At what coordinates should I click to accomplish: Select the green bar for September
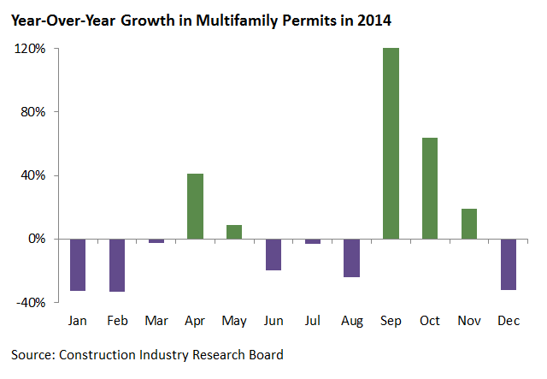[x=391, y=144]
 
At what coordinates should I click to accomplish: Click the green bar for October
[x=430, y=188]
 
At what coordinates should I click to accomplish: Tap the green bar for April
[x=195, y=206]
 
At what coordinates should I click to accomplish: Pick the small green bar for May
[x=234, y=232]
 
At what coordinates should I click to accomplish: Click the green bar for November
[x=469, y=223]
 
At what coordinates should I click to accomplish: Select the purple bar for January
[x=78, y=264]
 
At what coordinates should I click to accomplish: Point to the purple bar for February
[x=117, y=265]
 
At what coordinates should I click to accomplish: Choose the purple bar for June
[x=273, y=254]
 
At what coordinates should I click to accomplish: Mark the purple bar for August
[x=352, y=258]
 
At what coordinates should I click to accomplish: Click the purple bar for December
[x=509, y=264]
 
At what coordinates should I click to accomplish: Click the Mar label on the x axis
[x=156, y=320]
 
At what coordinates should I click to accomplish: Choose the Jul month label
[x=313, y=320]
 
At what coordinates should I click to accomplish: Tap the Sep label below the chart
[x=391, y=320]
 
